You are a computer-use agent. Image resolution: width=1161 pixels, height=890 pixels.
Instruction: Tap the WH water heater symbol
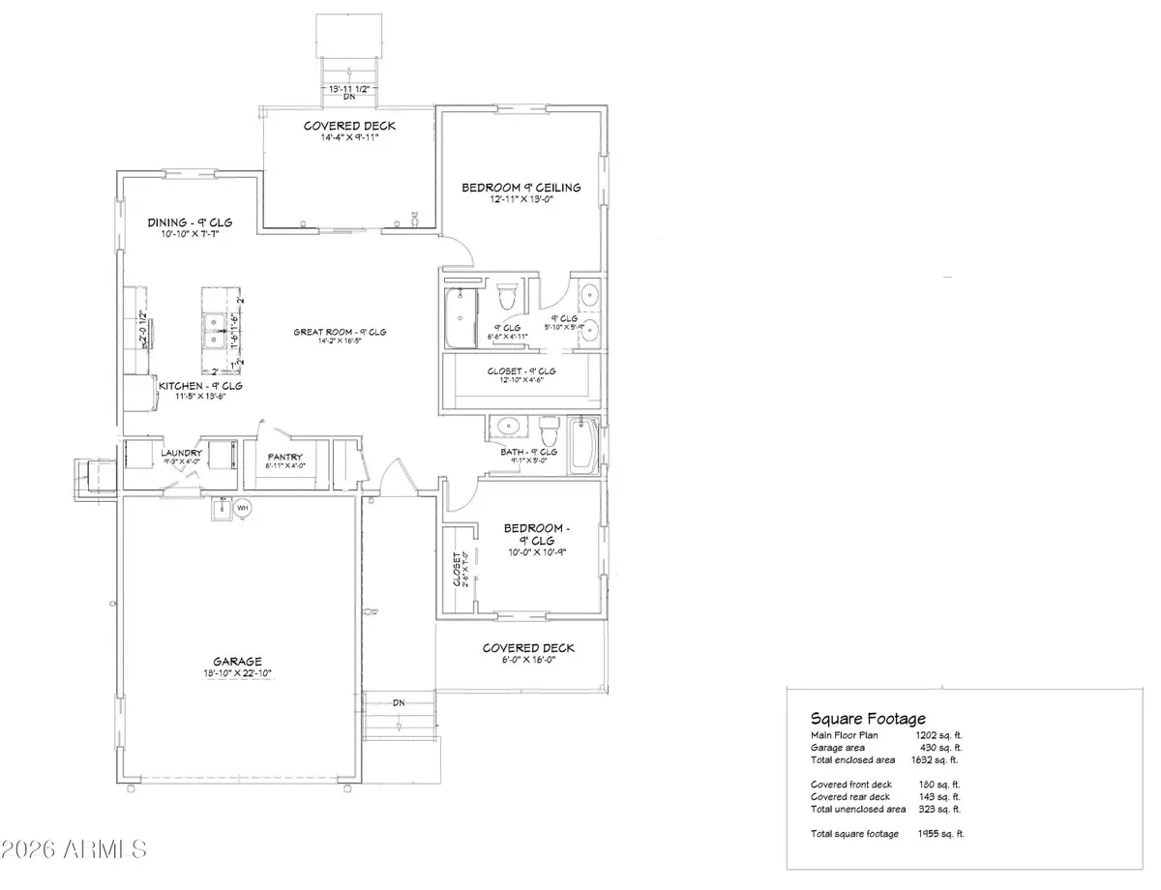243,507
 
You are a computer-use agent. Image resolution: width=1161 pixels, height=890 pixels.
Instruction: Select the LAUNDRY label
181,453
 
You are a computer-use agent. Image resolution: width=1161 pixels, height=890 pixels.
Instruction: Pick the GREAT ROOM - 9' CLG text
341,332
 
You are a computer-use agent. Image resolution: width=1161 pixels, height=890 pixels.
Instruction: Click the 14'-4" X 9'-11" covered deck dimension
349,138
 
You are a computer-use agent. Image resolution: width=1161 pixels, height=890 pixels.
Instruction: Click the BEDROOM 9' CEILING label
521,187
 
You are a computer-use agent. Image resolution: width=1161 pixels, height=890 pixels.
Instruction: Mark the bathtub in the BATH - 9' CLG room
583,447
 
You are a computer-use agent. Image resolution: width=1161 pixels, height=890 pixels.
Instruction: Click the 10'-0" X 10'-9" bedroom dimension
536,553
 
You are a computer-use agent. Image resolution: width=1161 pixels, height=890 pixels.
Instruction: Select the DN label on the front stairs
398,702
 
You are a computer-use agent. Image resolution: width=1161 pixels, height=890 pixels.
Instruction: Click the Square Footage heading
868,719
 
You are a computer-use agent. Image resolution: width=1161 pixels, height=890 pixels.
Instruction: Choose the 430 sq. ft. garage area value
938,748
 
